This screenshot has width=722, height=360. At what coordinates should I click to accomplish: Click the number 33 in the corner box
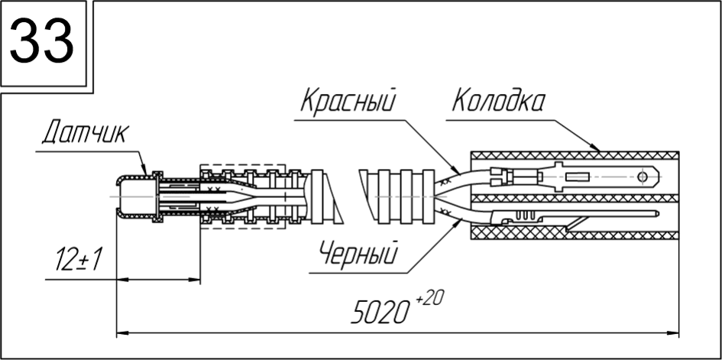point(42,41)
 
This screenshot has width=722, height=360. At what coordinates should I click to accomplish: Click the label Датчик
point(86,132)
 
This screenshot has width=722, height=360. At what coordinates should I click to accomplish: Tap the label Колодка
point(498,101)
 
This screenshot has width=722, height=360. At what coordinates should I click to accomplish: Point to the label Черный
point(358,253)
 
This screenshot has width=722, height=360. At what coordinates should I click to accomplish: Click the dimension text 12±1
point(78,259)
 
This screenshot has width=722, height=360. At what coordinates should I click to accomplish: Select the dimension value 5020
point(380,313)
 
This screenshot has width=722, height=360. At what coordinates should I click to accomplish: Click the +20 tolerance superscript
point(429,299)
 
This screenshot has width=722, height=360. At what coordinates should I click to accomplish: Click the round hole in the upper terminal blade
point(643,177)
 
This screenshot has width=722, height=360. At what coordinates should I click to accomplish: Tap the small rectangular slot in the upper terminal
point(578,177)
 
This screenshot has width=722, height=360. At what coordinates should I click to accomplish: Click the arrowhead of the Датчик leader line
point(144,170)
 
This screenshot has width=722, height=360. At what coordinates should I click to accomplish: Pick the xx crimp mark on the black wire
point(445,211)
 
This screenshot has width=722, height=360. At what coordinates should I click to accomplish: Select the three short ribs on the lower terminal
point(523,216)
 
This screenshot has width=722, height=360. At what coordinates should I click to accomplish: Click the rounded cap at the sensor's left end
point(121,196)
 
